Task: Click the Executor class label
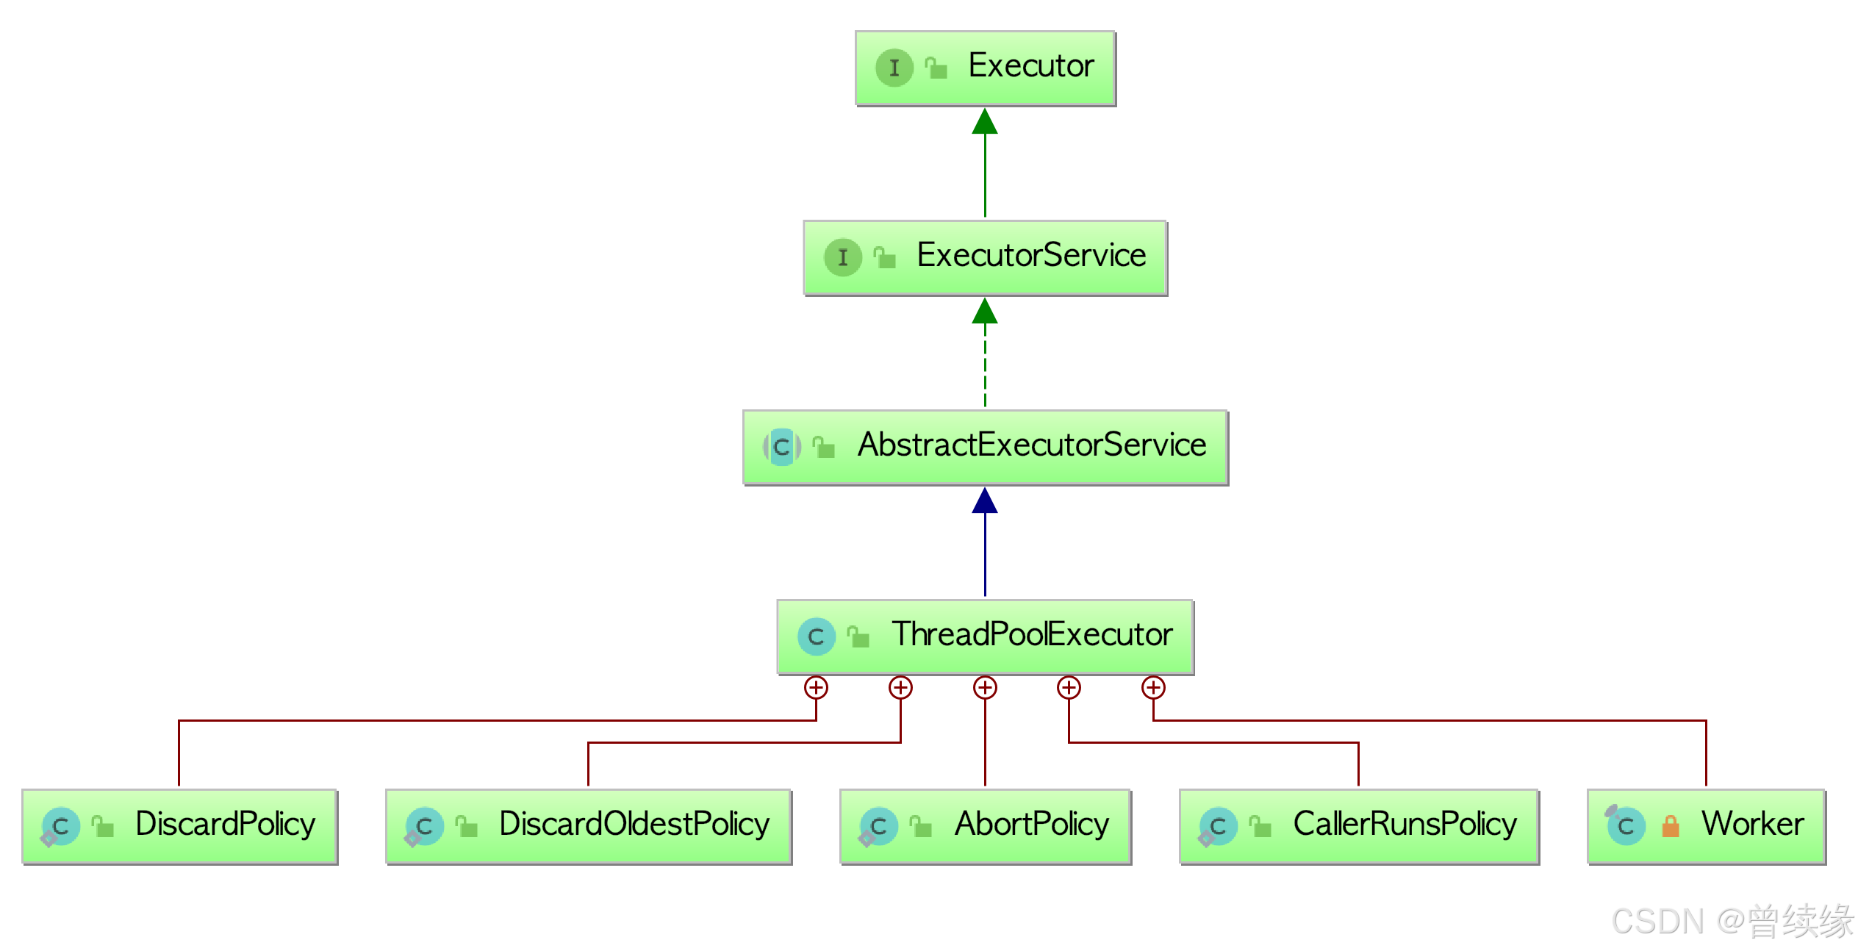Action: tap(1030, 66)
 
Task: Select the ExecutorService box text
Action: tap(1030, 256)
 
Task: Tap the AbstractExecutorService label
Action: tap(1031, 445)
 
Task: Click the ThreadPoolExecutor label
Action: tap(1031, 634)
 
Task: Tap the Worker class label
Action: tap(1752, 824)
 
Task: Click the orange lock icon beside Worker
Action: tap(1671, 827)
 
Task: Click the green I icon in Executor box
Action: tap(894, 68)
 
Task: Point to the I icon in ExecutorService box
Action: tap(842, 257)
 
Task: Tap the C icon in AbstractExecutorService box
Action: tap(781, 447)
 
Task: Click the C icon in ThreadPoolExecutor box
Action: tap(816, 636)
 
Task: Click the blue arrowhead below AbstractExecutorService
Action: tap(985, 501)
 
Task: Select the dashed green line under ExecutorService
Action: tap(985, 367)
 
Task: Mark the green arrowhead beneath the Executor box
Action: tap(985, 122)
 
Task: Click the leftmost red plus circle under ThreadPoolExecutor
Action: tap(816, 688)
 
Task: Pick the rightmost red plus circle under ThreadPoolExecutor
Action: tap(1153, 688)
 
